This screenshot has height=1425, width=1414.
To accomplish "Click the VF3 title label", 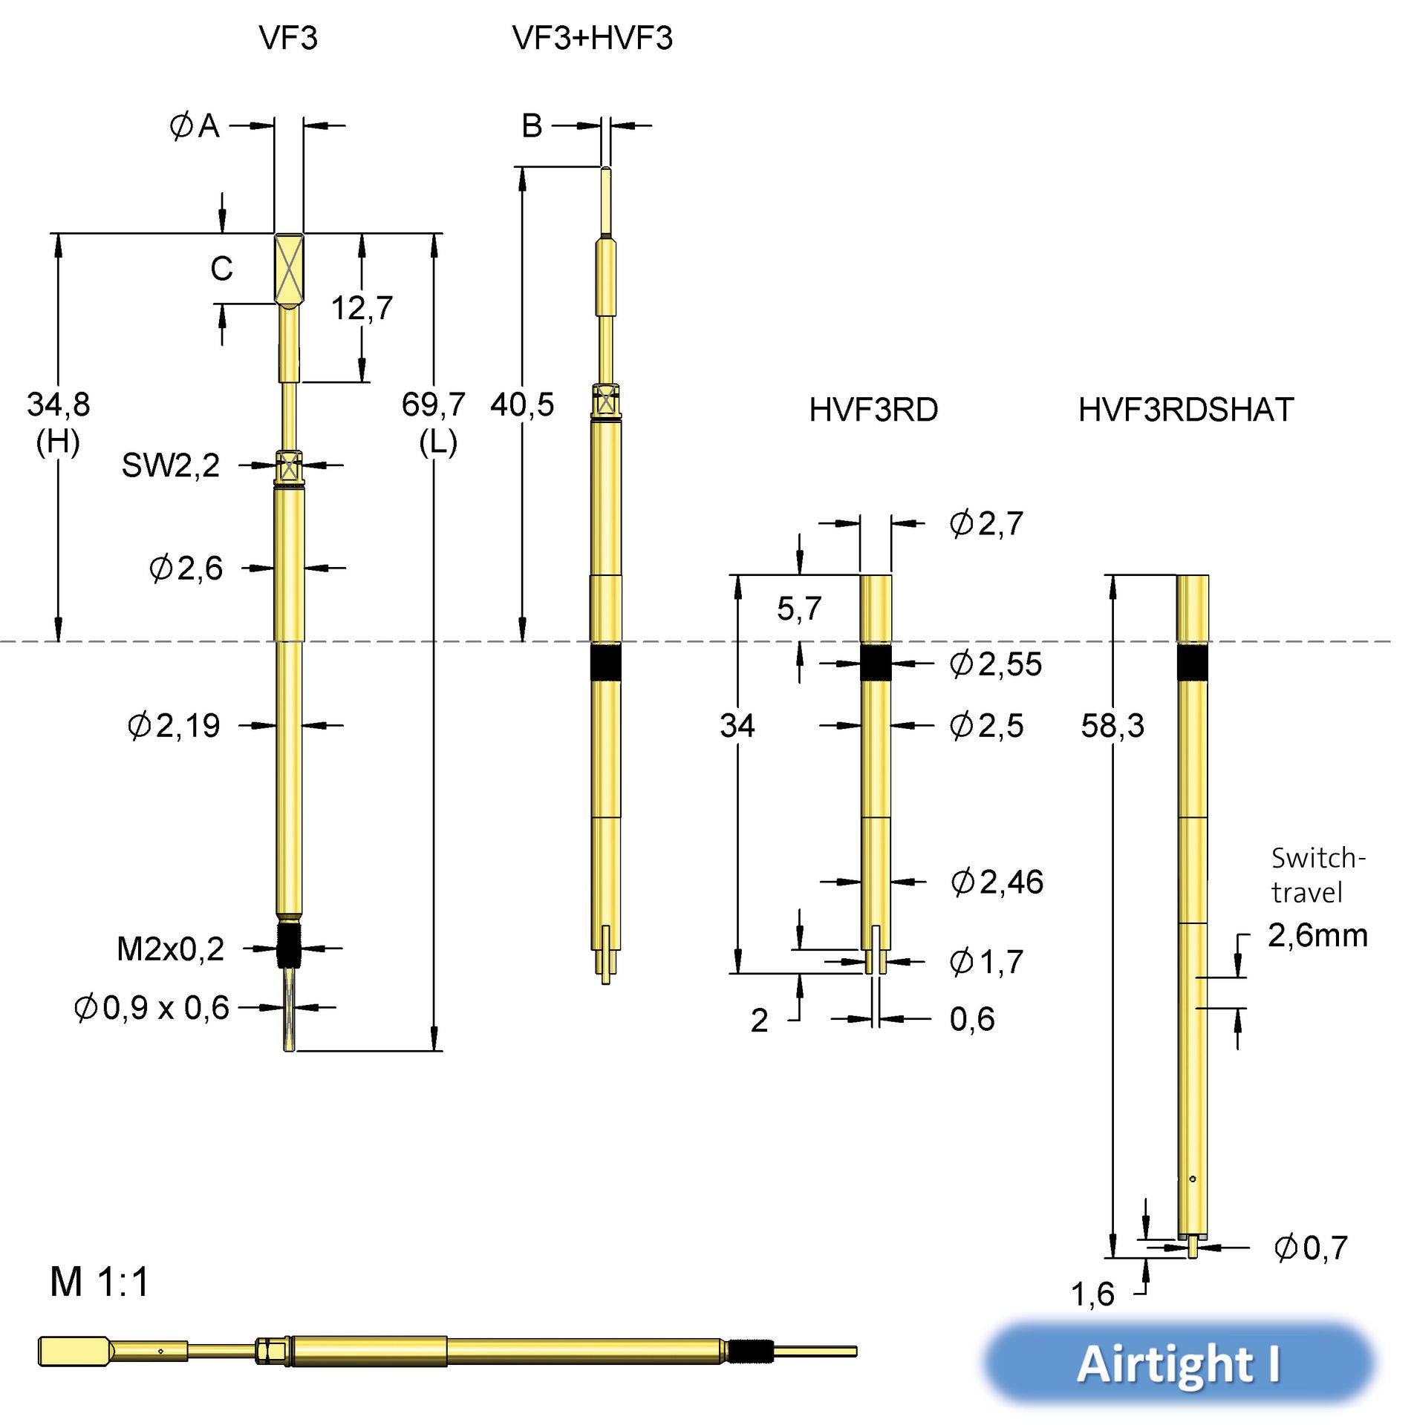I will pyautogui.click(x=288, y=38).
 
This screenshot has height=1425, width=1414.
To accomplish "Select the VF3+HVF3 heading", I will pyautogui.click(x=592, y=38).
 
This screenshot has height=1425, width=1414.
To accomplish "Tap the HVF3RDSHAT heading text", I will pyautogui.click(x=1185, y=410).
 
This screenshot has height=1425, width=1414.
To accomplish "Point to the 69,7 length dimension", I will pyautogui.click(x=433, y=405).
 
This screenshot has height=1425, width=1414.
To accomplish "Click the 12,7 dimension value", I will pyautogui.click(x=362, y=308).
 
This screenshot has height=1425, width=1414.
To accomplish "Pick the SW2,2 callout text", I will pyautogui.click(x=171, y=466).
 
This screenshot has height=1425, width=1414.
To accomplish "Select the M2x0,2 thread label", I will pyautogui.click(x=170, y=949).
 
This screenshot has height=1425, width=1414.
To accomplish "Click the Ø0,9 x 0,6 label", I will pyautogui.click(x=152, y=1008).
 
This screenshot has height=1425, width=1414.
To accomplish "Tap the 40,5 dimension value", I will pyautogui.click(x=522, y=405).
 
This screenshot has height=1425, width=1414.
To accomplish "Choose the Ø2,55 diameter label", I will pyautogui.click(x=996, y=664).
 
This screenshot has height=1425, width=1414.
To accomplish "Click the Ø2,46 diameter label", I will pyautogui.click(x=997, y=882).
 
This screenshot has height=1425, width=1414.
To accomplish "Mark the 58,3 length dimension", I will pyautogui.click(x=1112, y=726).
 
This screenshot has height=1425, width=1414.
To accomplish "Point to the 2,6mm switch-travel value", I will pyautogui.click(x=1317, y=935).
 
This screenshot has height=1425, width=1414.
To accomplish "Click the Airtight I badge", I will pyautogui.click(x=1179, y=1364).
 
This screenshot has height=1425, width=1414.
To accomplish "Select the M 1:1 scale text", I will pyautogui.click(x=100, y=1282).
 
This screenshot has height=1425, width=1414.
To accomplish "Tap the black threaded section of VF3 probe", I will pyautogui.click(x=289, y=944).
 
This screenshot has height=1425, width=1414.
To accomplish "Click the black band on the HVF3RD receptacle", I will pyautogui.click(x=876, y=663).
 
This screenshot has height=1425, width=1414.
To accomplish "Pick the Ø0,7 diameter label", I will pyautogui.click(x=1310, y=1248).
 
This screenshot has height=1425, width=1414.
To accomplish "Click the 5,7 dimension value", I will pyautogui.click(x=799, y=609).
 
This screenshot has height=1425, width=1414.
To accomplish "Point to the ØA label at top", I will pyautogui.click(x=195, y=126).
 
